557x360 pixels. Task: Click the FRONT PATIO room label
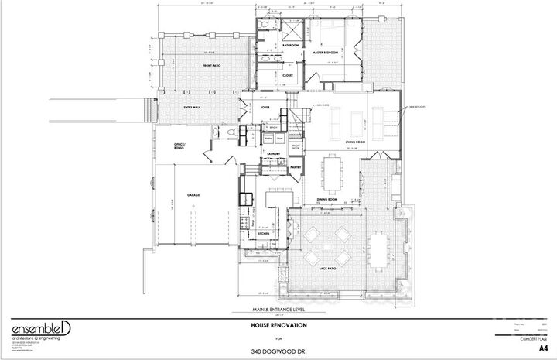coord(208,66)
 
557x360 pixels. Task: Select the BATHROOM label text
coord(290,46)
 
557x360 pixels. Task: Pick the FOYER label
coord(264,108)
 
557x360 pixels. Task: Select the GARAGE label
coord(193,195)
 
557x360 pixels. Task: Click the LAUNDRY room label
coord(272,154)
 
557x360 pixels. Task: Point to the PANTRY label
coord(295,166)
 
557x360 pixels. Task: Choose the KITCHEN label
coord(262,232)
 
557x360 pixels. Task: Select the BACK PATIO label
coord(326,268)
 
